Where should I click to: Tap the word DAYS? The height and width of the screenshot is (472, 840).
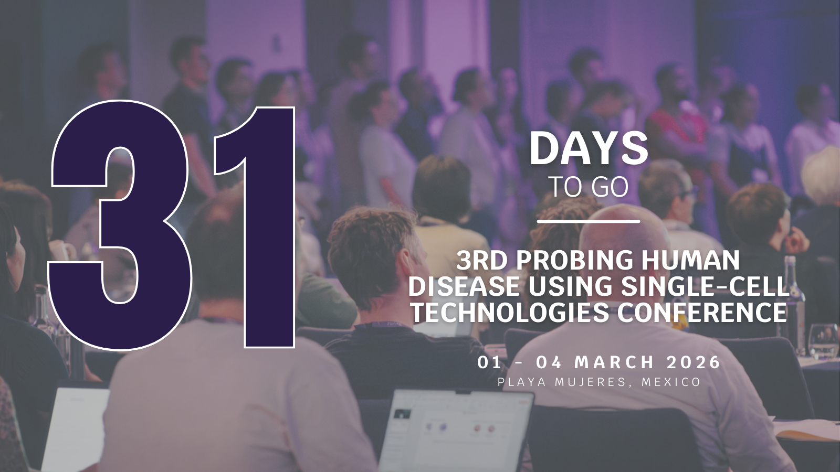point(589,149)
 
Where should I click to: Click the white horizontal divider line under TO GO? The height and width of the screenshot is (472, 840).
point(589,221)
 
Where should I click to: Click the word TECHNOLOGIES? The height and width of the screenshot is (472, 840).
point(510,313)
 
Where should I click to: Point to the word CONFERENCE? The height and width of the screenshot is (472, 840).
point(702,313)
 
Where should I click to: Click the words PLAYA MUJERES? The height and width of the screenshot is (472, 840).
point(561,382)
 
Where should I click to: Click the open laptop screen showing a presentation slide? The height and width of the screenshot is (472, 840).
point(456,431)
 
